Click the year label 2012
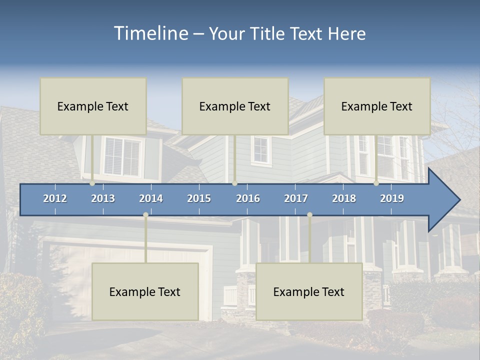coord(55,198)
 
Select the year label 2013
coord(103,198)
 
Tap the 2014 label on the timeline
coord(151,198)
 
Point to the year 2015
coord(199,198)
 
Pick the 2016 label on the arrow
coord(248,198)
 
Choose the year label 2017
coord(296,198)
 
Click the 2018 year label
coord(344,198)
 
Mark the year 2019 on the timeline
coord(392,198)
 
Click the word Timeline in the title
coord(150,33)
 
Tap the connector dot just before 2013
coord(92,183)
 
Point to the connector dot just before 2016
coord(235,183)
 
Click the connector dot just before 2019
coord(376,183)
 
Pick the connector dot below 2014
coord(145,215)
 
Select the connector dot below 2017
coord(309,215)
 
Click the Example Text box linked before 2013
coord(93,106)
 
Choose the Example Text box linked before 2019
coord(377,106)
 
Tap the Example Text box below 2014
coord(145,291)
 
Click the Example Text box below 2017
coord(309,291)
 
